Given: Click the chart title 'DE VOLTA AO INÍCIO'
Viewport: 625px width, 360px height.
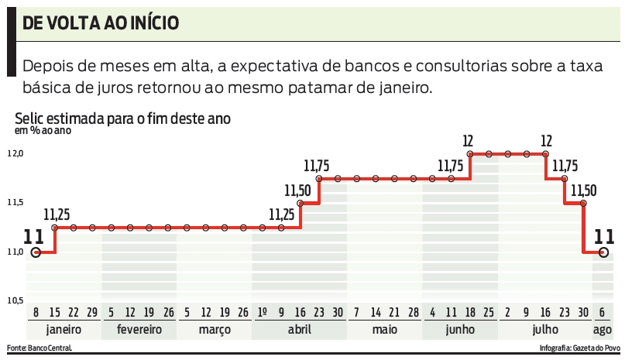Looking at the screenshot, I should [x=101, y=23].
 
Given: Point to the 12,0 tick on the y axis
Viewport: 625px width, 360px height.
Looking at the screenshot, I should [x=16, y=154].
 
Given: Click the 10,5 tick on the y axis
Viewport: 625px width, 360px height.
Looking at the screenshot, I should [x=16, y=300].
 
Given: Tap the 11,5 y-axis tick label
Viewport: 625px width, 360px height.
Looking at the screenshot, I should [x=16, y=203].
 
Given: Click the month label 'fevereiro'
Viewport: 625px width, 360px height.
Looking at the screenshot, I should [x=139, y=329].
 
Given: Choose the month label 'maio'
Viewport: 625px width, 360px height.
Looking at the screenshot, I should [x=385, y=329].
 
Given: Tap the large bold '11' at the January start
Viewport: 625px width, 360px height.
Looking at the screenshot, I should [x=34, y=237].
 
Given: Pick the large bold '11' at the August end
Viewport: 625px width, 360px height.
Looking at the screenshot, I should [x=604, y=237].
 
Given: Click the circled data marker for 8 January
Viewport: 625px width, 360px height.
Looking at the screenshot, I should [x=36, y=252].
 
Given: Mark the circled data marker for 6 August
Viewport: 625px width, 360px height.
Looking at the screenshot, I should [x=603, y=252].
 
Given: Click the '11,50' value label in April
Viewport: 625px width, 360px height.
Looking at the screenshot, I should [x=298, y=190].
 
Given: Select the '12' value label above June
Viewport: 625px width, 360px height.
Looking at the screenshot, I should [x=468, y=141].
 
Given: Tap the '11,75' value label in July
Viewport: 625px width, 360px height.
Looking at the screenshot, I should [x=565, y=166].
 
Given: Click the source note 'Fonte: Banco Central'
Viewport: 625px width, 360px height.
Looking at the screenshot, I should [x=39, y=348].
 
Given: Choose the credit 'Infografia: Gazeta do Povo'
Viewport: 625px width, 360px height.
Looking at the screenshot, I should [x=579, y=348].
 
